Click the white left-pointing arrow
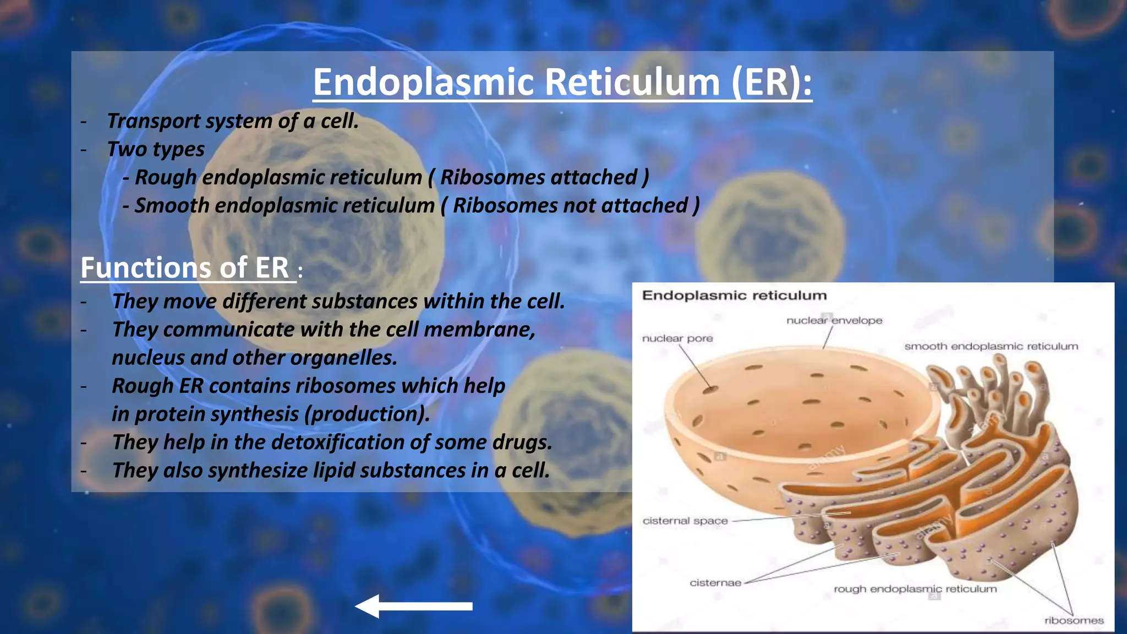pyautogui.click(x=414, y=606)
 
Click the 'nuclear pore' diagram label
pyautogui.click(x=677, y=338)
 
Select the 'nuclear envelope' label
pyautogui.click(x=834, y=320)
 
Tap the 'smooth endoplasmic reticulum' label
pyautogui.click(x=991, y=346)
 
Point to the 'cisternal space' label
pyautogui.click(x=685, y=521)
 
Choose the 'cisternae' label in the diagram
pyautogui.click(x=715, y=583)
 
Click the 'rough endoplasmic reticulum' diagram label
pyautogui.click(x=915, y=589)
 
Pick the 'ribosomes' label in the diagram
pyautogui.click(x=1074, y=621)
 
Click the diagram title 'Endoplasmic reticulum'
pyautogui.click(x=734, y=296)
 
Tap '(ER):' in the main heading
pyautogui.click(x=772, y=83)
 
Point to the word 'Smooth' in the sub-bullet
pyautogui.click(x=172, y=206)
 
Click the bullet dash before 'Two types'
pyautogui.click(x=84, y=150)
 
